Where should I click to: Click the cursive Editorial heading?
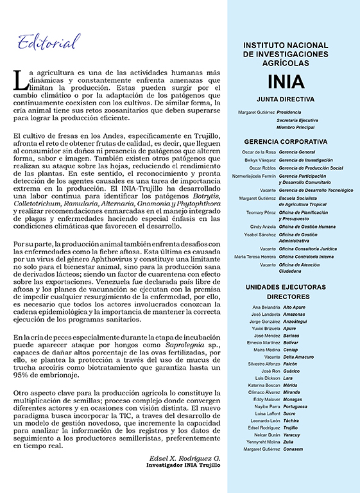(49, 42)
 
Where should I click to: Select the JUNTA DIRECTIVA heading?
(295, 99)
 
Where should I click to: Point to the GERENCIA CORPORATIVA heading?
(295, 141)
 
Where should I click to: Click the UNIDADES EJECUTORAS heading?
(295, 286)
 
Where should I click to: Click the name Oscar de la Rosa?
(259, 151)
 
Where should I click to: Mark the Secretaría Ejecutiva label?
(297, 120)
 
